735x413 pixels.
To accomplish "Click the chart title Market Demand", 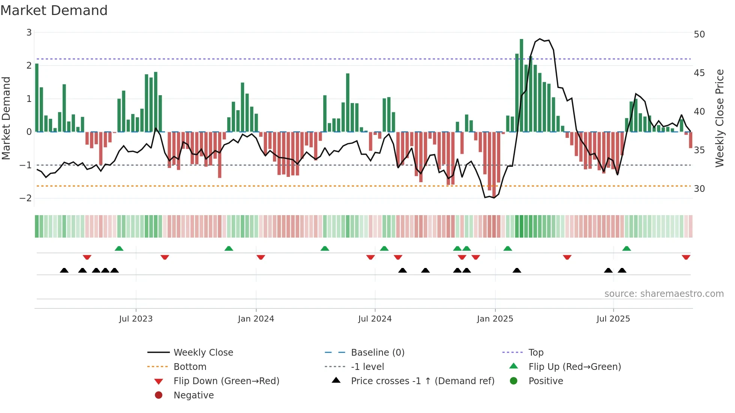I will pos(54,10).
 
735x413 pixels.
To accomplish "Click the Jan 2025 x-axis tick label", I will pos(495,319).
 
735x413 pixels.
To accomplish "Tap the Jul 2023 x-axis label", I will pos(136,319).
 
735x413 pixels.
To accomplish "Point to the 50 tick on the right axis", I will pos(699,34).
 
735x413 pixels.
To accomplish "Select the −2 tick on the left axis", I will pos(26,198).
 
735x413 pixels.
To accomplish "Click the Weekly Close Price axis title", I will pos(719,118).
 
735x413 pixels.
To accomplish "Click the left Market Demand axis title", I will pos(6,118).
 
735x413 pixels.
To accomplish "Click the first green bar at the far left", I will pos(37,97).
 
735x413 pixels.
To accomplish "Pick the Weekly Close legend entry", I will pos(203,353).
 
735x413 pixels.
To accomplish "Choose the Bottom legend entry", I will pos(190,367).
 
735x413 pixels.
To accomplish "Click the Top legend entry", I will pos(535,353).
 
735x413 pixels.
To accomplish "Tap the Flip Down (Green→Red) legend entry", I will pos(226,381).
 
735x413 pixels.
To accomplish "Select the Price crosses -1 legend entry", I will pos(422,381).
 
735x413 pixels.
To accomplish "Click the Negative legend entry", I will pos(193,395).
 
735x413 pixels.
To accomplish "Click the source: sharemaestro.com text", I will pos(664,294).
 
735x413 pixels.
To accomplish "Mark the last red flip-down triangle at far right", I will pos(686,257).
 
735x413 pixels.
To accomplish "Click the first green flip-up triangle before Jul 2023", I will pos(119,248).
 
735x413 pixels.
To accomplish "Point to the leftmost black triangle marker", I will pos(64,270).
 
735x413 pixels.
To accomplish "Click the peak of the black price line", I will pos(540,39).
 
